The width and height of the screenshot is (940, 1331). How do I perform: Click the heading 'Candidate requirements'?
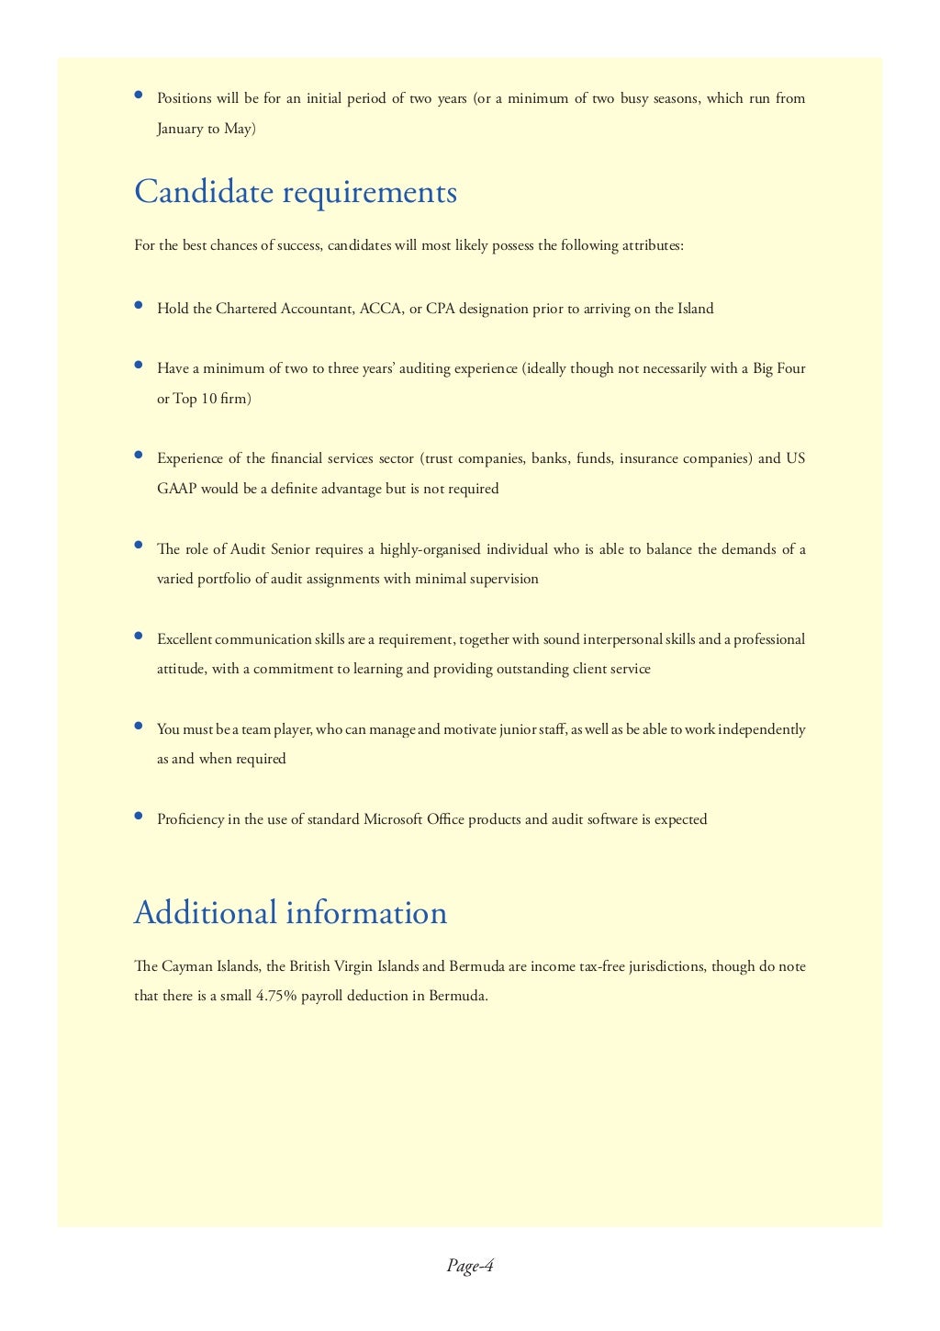click(295, 192)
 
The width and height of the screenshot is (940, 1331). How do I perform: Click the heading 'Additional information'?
click(290, 912)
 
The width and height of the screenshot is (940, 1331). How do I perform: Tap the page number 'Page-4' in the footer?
click(470, 1266)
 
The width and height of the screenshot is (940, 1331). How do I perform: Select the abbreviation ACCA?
click(380, 309)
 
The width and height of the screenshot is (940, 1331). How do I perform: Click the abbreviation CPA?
click(441, 309)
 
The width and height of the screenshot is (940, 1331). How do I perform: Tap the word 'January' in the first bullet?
click(179, 129)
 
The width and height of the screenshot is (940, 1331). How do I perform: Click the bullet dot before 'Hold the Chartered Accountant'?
click(139, 306)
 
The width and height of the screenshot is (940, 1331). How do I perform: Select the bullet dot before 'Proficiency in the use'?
click(139, 816)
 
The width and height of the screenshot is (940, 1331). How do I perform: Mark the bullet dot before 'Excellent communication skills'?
click(139, 636)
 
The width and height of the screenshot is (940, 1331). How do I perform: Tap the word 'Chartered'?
click(249, 309)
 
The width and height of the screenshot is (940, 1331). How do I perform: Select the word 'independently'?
click(761, 729)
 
